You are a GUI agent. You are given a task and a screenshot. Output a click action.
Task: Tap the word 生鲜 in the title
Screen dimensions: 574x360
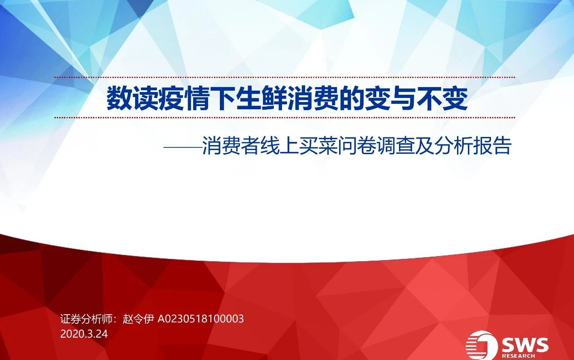261,99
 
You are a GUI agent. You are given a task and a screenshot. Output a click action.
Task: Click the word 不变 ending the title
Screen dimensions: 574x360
442,99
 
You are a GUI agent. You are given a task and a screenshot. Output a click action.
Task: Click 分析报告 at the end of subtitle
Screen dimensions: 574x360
473,146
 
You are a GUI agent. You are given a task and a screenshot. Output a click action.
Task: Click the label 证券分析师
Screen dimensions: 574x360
86,319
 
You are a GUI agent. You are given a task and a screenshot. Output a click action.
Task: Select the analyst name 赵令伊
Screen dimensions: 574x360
138,319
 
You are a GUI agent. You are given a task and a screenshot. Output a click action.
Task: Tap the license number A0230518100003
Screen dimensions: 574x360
201,319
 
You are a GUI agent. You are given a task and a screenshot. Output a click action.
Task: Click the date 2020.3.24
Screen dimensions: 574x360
84,334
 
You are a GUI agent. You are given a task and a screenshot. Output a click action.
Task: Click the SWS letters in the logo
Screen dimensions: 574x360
525,345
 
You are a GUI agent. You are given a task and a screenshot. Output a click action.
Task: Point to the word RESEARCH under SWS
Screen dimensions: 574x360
518,356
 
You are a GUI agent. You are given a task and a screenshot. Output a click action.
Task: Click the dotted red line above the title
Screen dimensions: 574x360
285,77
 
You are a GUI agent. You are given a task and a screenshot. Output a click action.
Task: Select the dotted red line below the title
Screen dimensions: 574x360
285,118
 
